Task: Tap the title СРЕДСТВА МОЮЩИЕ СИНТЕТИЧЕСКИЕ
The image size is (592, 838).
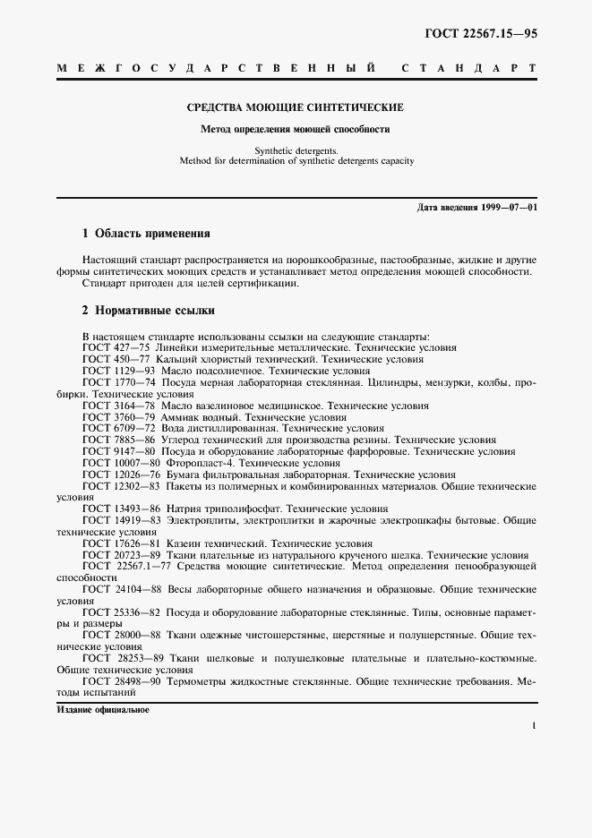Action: pos(295,107)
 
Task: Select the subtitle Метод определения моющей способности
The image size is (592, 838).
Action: pos(295,129)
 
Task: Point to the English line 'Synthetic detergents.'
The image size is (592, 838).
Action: pos(296,151)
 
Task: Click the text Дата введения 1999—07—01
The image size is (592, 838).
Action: pos(476,208)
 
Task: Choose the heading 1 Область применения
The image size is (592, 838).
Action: pos(146,234)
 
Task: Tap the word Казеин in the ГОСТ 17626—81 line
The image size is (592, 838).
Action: pos(184,543)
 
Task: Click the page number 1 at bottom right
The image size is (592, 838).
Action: pos(533,728)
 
